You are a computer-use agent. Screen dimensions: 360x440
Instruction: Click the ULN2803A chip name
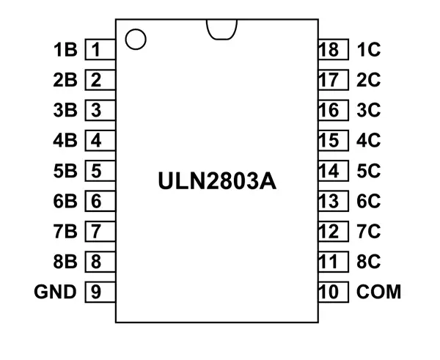tap(217, 180)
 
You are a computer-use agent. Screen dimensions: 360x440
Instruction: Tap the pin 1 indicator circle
tap(135, 38)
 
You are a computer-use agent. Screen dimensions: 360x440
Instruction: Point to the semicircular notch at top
tap(221, 28)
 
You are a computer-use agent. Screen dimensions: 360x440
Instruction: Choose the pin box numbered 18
tap(329, 51)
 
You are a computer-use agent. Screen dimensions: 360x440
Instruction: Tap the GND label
tap(55, 292)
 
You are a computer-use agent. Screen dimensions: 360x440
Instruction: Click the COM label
tap(379, 292)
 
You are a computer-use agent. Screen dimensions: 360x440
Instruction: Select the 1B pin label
tap(65, 51)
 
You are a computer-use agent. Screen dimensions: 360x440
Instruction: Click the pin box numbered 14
tap(329, 171)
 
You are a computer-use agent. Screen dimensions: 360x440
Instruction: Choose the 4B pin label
tap(65, 141)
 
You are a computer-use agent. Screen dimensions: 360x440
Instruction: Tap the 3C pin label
tap(368, 111)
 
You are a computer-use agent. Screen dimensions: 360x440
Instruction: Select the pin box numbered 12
tap(329, 232)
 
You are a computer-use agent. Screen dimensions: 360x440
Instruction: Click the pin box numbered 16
tap(329, 111)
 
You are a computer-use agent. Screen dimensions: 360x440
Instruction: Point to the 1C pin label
tap(368, 51)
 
